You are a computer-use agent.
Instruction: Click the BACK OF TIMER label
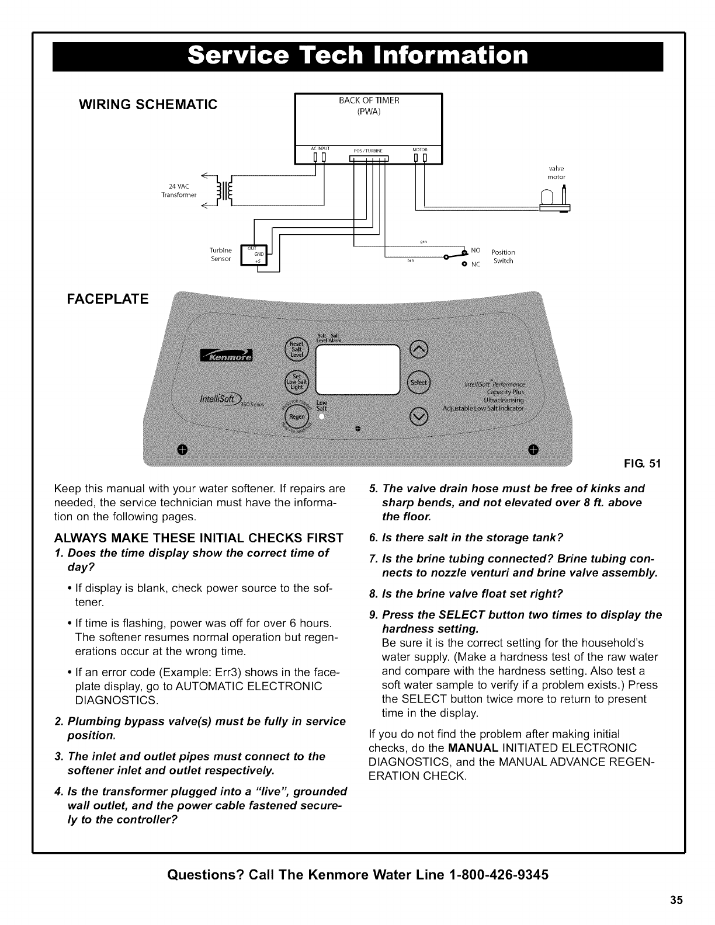(369, 100)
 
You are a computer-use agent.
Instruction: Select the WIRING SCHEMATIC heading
(148, 105)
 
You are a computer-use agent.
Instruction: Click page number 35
(676, 899)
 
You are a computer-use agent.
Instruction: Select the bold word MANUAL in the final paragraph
(473, 748)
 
